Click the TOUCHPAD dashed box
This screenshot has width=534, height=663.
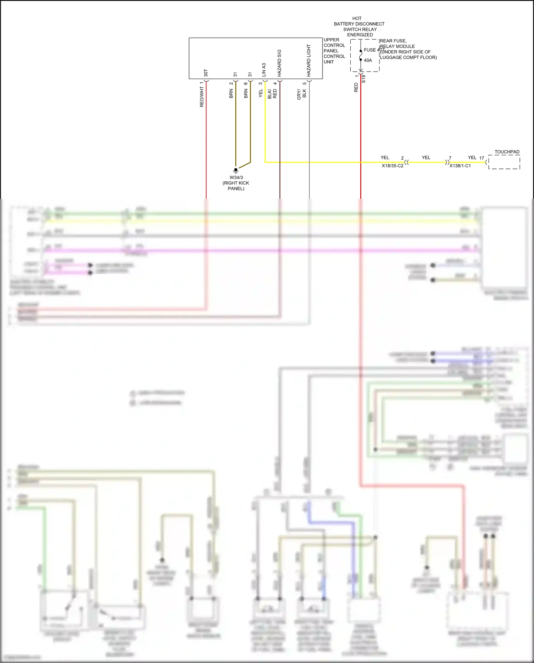[504, 162]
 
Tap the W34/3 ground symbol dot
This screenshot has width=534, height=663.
[236, 170]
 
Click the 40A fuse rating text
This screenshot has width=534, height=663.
[368, 60]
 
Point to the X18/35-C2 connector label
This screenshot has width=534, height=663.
[392, 166]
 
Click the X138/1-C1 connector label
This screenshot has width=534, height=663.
[460, 166]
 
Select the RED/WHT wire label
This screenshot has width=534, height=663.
[202, 94]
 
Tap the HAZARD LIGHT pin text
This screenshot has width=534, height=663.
[309, 61]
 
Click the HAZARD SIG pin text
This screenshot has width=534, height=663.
[279, 63]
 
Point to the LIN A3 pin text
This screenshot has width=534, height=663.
[264, 70]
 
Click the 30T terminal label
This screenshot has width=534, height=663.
[206, 73]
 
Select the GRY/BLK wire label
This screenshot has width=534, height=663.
[302, 94]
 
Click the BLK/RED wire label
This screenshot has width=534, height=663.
[272, 94]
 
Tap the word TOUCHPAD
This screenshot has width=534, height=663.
[507, 152]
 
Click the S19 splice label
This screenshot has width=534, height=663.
[363, 79]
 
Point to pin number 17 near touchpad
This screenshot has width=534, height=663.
[481, 158]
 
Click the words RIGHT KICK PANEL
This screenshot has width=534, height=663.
[236, 186]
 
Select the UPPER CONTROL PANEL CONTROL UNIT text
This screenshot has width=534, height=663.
[334, 51]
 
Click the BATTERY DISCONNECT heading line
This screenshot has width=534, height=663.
[359, 24]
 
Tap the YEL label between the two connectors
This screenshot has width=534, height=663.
[426, 157]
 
